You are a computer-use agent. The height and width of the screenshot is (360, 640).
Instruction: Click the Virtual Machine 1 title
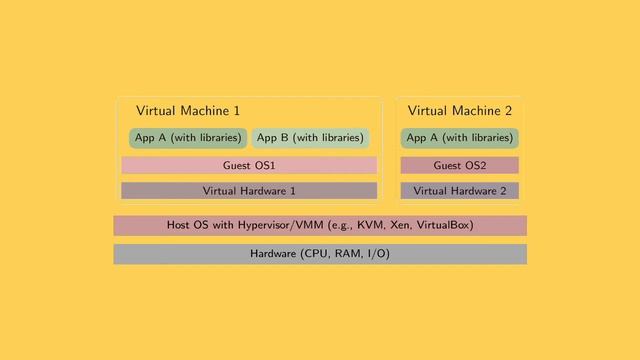(x=188, y=111)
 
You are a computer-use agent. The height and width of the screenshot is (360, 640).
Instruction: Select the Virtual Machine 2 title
(x=459, y=111)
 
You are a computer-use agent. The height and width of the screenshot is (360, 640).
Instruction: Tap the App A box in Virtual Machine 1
(x=188, y=138)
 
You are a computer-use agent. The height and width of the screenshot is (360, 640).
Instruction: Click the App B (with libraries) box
(x=310, y=138)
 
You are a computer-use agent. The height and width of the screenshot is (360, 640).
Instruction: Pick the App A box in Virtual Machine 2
(x=459, y=138)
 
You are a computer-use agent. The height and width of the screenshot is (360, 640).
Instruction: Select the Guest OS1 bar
(x=249, y=165)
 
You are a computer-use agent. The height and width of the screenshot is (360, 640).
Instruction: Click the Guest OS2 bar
(x=459, y=165)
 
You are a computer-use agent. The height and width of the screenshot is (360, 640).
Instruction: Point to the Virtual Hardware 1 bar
(x=249, y=190)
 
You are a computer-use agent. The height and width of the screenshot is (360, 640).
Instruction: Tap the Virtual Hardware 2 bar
(x=459, y=190)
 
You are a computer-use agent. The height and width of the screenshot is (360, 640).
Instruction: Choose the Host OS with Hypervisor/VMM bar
(x=320, y=225)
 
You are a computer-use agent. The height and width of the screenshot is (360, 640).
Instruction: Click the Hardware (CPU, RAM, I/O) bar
(x=320, y=254)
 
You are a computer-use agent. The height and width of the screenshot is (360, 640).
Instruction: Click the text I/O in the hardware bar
(x=376, y=254)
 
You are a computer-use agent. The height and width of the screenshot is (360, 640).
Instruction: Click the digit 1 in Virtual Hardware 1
(x=292, y=190)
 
